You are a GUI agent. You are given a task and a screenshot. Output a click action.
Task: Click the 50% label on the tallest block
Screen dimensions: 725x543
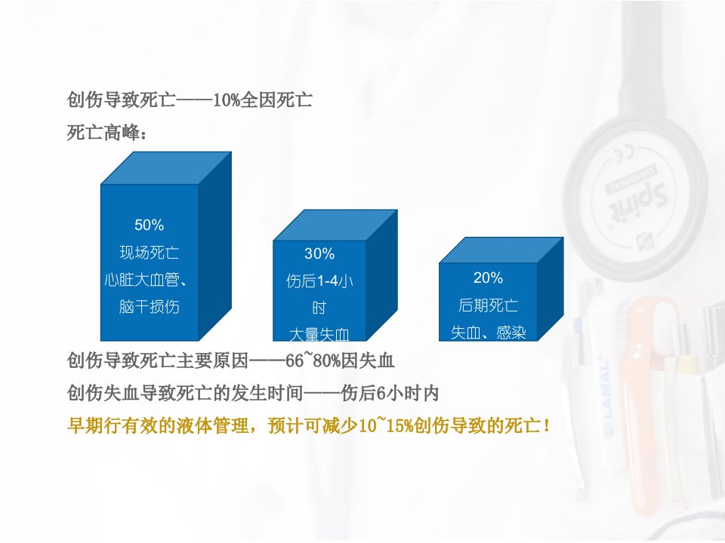[149, 225]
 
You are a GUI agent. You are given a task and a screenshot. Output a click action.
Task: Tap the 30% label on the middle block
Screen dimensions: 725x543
[319, 253]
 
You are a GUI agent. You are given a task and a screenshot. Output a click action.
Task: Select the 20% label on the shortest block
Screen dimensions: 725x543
[488, 278]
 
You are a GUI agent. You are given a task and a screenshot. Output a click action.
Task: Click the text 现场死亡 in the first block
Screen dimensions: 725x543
[149, 252]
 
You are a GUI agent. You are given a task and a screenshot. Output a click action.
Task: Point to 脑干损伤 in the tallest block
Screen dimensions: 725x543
[149, 307]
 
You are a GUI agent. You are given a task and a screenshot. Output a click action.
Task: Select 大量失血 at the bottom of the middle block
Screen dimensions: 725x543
[319, 334]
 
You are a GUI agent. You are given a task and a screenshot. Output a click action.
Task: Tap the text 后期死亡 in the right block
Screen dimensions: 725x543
[488, 305]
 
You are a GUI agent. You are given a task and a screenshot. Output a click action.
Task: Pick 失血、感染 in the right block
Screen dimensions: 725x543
[489, 333]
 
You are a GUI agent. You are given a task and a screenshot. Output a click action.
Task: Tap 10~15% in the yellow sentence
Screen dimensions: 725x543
[387, 425]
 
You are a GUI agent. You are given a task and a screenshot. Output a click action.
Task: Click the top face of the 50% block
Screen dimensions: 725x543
[166, 168]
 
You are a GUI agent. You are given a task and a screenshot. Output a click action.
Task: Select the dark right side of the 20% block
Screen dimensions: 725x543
[551, 289]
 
